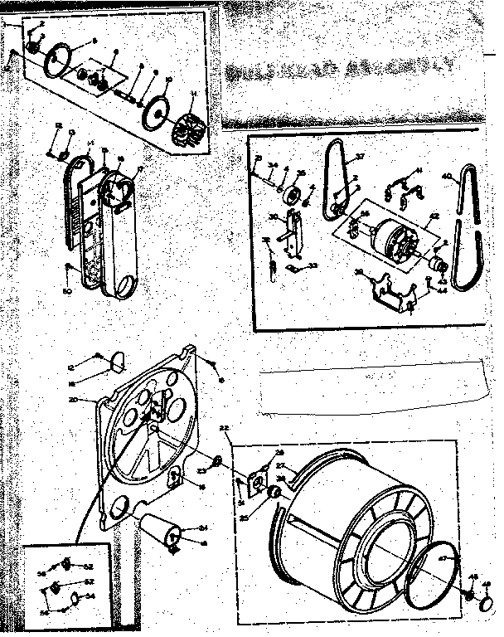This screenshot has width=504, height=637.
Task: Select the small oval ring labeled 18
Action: [x=117, y=359]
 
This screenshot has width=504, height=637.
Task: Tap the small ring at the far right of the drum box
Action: [x=469, y=595]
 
